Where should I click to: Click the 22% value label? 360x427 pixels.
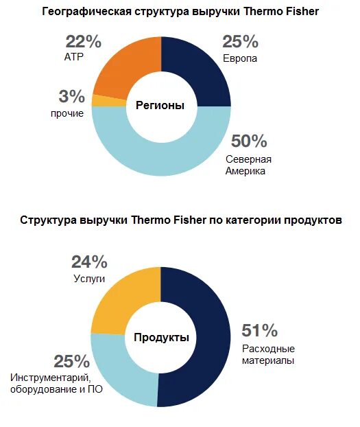click(84, 42)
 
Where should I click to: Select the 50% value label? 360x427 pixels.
click(248, 141)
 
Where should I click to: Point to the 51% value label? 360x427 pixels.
click(259, 330)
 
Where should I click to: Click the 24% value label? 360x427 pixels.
click(89, 262)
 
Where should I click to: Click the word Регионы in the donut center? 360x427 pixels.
click(160, 106)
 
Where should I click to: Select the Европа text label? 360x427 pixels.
click(241, 59)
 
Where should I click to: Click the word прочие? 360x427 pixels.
click(67, 113)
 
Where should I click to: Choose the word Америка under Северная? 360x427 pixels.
click(245, 172)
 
